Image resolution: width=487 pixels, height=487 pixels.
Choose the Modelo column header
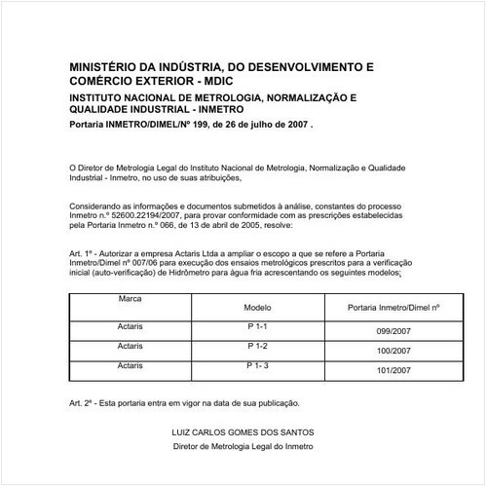pos(256,307)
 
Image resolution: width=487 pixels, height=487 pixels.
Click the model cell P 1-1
pos(257,326)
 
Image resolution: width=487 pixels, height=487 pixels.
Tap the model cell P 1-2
pos(257,346)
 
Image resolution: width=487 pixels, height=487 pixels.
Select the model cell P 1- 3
pos(257,364)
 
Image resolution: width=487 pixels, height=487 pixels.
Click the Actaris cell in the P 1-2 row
pos(130,346)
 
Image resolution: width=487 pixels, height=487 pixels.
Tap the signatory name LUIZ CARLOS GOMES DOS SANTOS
pos(243,431)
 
